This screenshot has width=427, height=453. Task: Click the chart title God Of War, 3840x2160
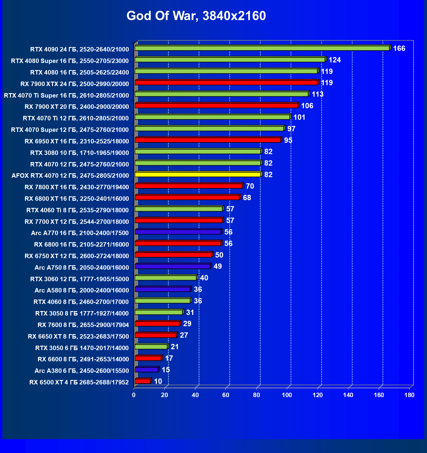[x=196, y=16]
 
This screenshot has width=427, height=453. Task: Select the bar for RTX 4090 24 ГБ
[x=262, y=48]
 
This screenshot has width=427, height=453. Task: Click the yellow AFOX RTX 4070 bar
[x=198, y=174]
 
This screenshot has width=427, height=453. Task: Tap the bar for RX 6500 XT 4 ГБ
[x=143, y=381]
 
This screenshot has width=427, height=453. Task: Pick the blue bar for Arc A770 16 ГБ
[x=178, y=232]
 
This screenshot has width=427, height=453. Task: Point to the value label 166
[x=399, y=48]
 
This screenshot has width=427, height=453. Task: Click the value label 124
[x=335, y=60]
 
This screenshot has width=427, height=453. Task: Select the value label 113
[x=318, y=94]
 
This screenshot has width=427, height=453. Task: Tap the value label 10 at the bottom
[x=158, y=381]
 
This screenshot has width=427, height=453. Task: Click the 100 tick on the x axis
[x=287, y=395]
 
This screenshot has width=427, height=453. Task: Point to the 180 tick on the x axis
[x=409, y=395]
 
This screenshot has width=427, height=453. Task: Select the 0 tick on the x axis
[x=134, y=395]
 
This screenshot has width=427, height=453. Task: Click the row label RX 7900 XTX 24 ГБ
[x=75, y=84]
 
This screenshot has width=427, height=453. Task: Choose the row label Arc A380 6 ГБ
[x=82, y=371]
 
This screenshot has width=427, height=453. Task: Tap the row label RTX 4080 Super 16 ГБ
[x=70, y=61]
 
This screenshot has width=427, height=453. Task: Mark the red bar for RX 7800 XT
[x=188, y=186]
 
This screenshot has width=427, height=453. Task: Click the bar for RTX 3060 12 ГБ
[x=166, y=278]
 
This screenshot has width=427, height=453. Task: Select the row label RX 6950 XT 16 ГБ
[x=77, y=141]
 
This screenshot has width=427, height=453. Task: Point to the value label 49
[x=217, y=266]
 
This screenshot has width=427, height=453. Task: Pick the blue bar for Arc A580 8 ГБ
[x=162, y=289]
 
